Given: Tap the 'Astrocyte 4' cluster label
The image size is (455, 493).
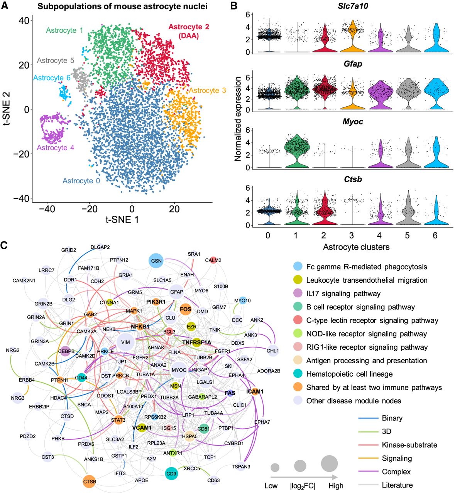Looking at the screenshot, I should pos(55,148).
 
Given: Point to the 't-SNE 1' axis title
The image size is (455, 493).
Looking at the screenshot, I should pos(122,220).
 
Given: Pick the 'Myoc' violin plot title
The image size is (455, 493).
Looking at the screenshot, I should pos(353,121).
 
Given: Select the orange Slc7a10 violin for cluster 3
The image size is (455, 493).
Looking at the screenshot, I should pos(352,37).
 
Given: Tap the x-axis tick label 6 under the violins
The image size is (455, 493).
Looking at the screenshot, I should pos(435,235).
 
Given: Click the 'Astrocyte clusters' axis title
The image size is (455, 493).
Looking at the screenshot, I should pos(356,247).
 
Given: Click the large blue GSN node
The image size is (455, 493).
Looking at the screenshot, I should pos(156,261).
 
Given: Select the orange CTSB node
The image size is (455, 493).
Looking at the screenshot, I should pos(89,481).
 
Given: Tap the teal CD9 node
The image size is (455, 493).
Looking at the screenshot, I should pos(171,473).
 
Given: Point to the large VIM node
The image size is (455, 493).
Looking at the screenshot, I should pos(125,342).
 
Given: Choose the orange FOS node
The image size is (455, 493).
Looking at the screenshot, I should pos(186,309).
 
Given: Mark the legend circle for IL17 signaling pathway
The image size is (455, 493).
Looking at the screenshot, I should pos(298,293).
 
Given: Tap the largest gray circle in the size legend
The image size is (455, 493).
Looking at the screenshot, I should pos(329,463).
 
